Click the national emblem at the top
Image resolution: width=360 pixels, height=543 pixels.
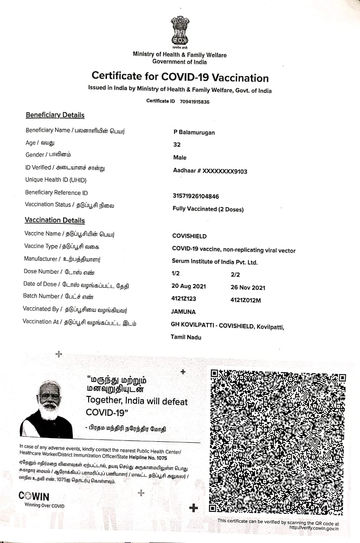[x=179, y=31]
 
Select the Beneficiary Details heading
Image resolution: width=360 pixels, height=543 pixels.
[x=55, y=115]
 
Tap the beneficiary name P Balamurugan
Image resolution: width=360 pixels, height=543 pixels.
[x=194, y=133]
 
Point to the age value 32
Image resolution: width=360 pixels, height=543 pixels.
[x=177, y=145]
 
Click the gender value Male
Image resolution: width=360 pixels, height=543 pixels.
[x=180, y=158]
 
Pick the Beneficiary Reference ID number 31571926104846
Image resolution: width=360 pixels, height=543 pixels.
[x=196, y=196]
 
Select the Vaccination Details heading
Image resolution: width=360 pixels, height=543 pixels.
[x=55, y=220]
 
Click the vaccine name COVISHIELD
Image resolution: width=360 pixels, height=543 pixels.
[x=189, y=236]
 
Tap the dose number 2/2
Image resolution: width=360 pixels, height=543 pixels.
[x=236, y=275]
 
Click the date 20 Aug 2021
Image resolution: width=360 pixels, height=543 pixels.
[x=189, y=287]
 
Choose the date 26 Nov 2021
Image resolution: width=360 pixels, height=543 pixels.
[x=248, y=288]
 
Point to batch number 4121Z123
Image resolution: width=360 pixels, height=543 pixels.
[x=184, y=299]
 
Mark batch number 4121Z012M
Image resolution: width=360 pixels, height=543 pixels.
[x=245, y=300]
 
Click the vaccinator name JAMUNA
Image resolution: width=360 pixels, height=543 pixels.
[x=184, y=312]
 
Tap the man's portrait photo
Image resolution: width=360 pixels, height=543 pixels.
[x=46, y=409]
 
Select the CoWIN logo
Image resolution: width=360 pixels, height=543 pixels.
[x=34, y=497]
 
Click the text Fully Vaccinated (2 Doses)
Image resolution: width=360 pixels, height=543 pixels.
[x=208, y=209]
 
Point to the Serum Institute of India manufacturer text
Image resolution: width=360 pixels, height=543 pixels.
[x=214, y=262]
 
